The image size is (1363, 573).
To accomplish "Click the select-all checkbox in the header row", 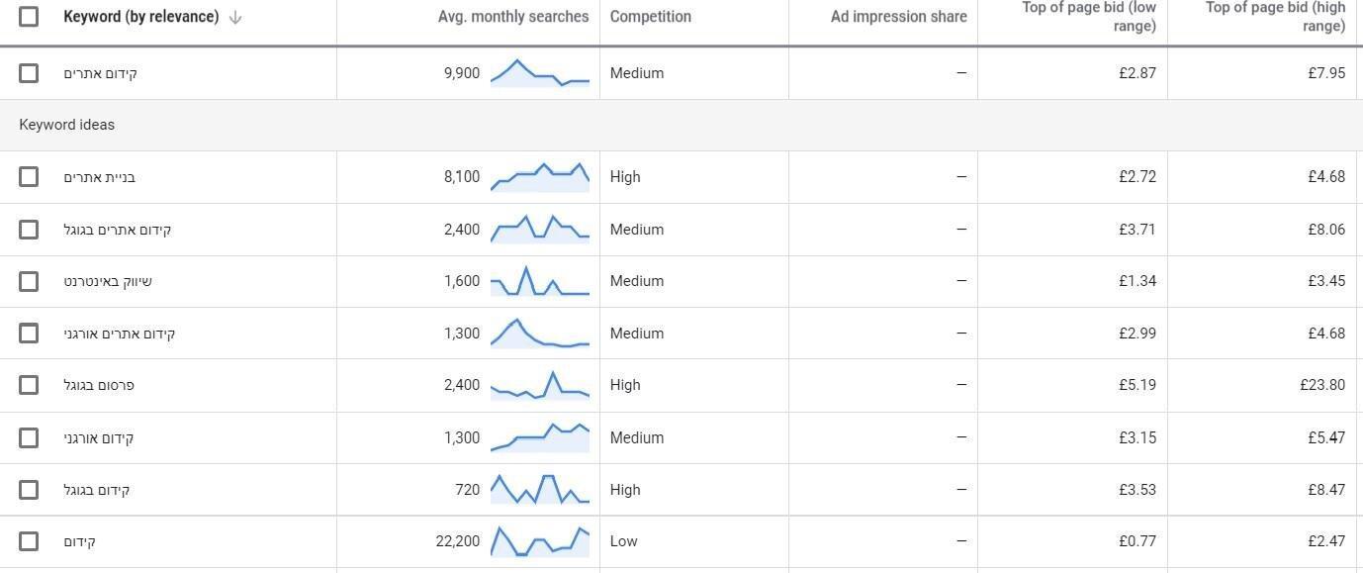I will click(x=29, y=17).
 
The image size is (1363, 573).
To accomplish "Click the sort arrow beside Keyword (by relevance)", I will click(x=235, y=17).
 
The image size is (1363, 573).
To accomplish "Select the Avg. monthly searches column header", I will click(x=512, y=17).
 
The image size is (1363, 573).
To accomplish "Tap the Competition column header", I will click(x=650, y=17).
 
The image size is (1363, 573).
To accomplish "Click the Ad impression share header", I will click(x=898, y=17).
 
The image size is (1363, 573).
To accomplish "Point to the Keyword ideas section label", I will click(x=66, y=125).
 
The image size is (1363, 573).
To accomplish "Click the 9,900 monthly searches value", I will click(x=462, y=73).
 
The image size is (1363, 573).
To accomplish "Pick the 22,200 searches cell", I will click(x=457, y=541).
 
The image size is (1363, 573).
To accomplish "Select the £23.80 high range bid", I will click(x=1322, y=385).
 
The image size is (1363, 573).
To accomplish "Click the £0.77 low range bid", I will click(x=1136, y=541).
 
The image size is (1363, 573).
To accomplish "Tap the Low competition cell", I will click(x=623, y=541).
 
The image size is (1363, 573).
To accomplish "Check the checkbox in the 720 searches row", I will click(x=29, y=490).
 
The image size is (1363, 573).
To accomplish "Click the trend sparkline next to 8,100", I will click(x=540, y=176).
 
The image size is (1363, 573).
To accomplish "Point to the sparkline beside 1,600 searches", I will click(x=540, y=281).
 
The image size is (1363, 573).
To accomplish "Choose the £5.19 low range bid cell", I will click(x=1136, y=385).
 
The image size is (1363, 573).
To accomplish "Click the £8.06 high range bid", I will click(x=1325, y=230).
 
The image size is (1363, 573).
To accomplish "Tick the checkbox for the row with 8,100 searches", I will click(x=29, y=177).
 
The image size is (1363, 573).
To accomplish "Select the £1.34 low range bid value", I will click(x=1136, y=281).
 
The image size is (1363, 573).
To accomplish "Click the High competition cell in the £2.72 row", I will click(x=624, y=177).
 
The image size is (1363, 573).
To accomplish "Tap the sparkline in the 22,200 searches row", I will click(x=540, y=541).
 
